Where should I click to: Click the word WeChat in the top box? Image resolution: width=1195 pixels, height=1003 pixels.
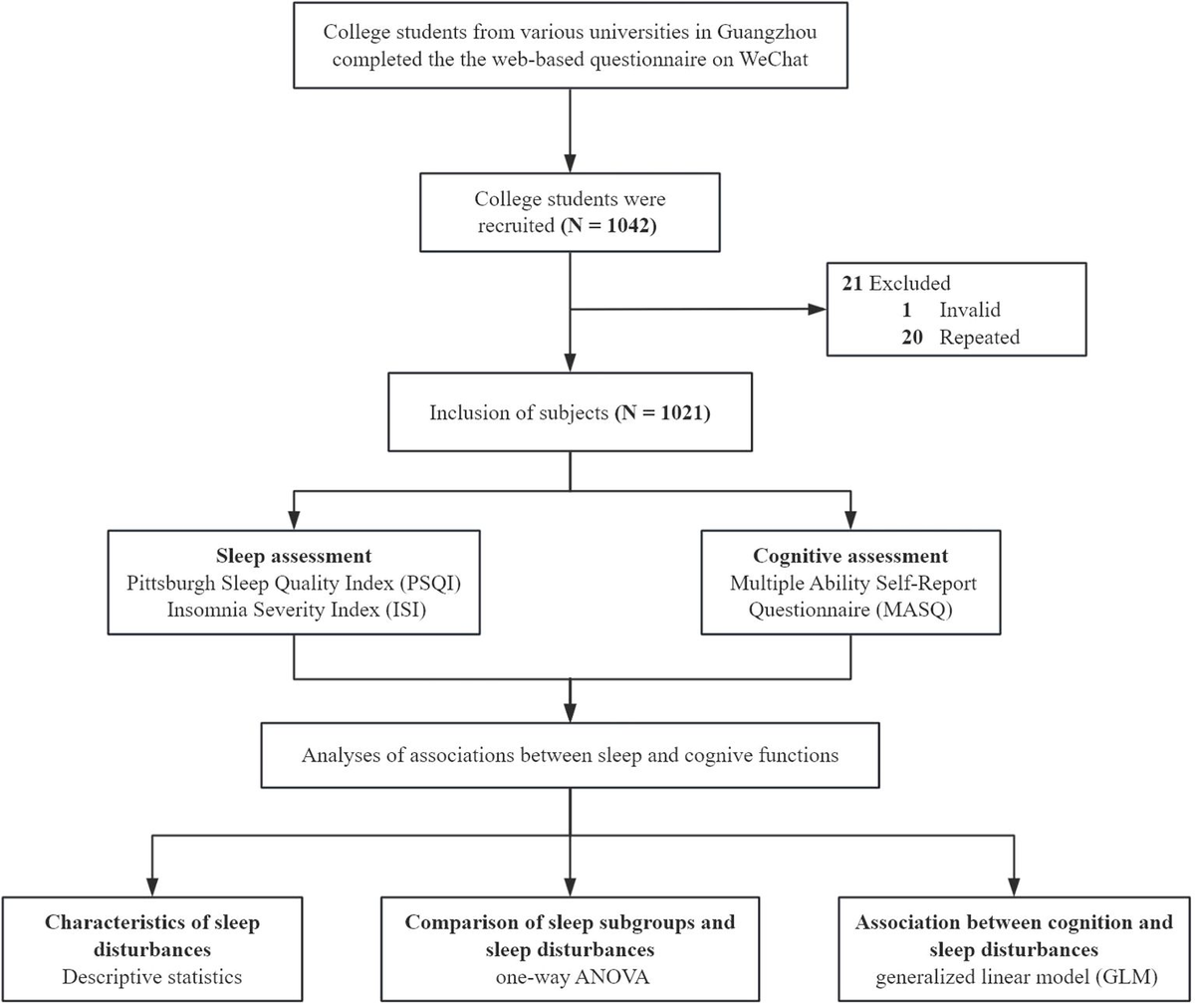point(773,60)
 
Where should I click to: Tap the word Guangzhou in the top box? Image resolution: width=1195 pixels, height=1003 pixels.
point(767,32)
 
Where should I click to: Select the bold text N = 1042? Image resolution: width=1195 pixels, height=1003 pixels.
point(608,226)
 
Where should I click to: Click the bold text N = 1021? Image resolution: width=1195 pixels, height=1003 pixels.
point(663,412)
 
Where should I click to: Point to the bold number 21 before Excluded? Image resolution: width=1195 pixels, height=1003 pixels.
point(852,283)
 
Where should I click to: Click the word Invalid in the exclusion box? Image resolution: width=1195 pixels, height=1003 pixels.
point(970,310)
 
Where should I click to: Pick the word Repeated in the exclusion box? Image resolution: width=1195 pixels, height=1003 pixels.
point(980,338)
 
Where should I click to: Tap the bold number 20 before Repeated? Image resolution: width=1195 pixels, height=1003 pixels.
point(912,338)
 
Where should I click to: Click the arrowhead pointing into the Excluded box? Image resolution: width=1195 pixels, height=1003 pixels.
point(817,309)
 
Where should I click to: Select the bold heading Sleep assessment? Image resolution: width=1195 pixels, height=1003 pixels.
point(294,556)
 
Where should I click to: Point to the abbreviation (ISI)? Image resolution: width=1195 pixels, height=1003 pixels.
point(405,610)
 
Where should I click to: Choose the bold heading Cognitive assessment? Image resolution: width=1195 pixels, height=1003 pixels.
point(850,556)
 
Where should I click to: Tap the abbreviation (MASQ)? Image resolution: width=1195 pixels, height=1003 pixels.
point(914,610)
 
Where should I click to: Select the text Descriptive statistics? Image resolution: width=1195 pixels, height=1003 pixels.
point(152,976)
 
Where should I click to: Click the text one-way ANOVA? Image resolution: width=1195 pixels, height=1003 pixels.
point(573,976)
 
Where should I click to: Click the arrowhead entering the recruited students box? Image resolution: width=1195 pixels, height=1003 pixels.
point(570,162)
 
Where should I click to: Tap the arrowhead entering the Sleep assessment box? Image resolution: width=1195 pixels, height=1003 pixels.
point(294,520)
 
